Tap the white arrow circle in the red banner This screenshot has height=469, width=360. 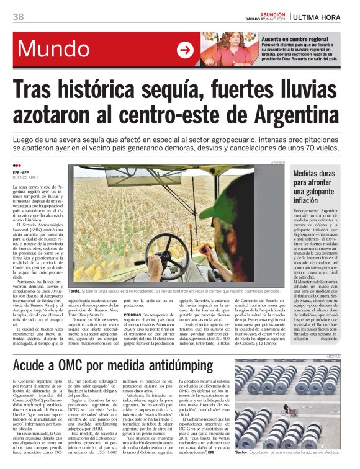185,50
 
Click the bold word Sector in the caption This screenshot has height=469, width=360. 242,453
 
